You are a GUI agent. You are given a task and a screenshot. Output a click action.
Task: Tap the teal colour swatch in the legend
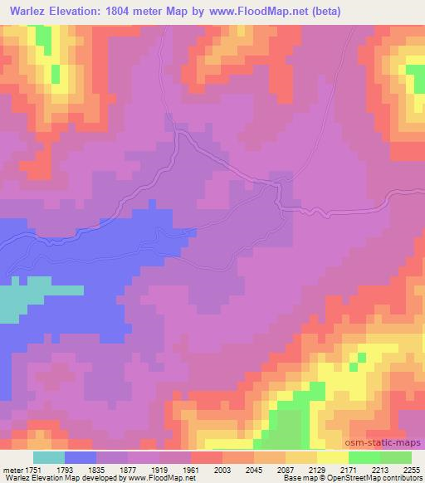point(49,457)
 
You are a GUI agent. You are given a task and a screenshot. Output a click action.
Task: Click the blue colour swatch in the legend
point(81,457)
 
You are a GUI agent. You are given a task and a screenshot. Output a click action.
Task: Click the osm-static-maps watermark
point(390,443)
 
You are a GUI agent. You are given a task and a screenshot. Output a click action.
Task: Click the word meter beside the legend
point(12,470)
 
